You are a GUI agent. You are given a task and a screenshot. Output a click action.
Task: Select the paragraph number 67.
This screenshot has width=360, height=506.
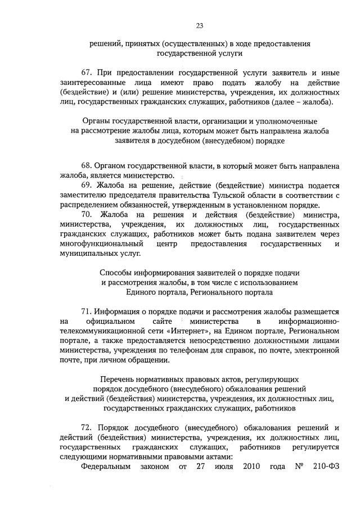point(87,73)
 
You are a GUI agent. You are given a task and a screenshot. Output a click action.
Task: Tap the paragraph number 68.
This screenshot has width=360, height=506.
point(87,166)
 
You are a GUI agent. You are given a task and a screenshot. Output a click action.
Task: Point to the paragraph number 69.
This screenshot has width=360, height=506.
point(87,186)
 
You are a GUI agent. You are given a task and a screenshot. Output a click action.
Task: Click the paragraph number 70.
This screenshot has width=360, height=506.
point(87,215)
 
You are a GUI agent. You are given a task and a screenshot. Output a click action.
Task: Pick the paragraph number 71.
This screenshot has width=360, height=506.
point(87,311)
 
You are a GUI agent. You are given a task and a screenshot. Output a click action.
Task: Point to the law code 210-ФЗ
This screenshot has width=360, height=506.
point(323,466)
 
